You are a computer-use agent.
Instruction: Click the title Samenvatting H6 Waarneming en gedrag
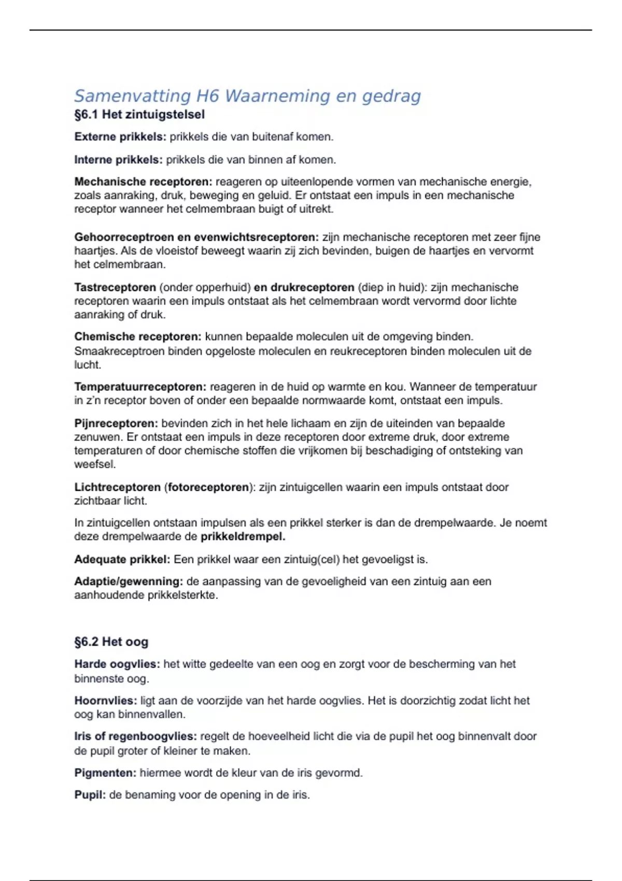(247, 96)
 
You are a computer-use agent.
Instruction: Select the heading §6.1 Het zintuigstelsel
(139, 115)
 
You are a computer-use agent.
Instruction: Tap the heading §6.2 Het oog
(111, 642)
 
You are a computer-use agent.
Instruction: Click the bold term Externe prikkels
(120, 137)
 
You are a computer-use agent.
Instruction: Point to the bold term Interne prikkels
(118, 160)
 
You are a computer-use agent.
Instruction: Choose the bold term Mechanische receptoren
(143, 182)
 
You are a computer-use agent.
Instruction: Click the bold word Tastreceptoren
(115, 287)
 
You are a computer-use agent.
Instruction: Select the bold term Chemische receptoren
(137, 337)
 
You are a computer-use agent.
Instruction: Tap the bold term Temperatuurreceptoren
(140, 387)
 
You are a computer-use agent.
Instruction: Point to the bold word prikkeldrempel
(243, 536)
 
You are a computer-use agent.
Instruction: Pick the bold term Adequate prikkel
(122, 560)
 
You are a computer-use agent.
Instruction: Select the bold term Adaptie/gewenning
(128, 581)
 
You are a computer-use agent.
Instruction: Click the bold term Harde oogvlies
(117, 664)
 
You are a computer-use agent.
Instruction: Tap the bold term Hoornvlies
(105, 701)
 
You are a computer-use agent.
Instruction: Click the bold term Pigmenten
(105, 773)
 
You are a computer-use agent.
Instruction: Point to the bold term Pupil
(90, 795)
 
